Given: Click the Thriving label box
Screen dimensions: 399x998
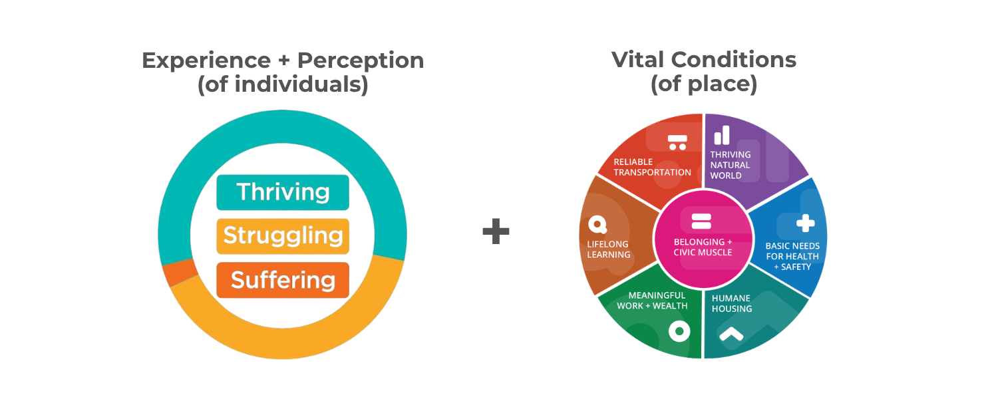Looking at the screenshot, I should [283, 192].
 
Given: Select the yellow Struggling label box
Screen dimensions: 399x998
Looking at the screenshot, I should [283, 236].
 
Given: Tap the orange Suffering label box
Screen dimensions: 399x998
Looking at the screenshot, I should [283, 280].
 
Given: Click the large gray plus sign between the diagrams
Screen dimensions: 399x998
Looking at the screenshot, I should [496, 231].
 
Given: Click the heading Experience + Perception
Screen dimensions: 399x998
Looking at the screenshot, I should [283, 61].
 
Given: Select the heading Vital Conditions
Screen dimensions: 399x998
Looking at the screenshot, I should [704, 60].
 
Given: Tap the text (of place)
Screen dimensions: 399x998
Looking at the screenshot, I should [704, 84].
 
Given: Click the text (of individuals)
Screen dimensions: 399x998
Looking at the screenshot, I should [283, 85].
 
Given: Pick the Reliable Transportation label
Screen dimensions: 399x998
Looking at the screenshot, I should [652, 167].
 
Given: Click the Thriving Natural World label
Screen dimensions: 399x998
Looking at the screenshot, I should [730, 165].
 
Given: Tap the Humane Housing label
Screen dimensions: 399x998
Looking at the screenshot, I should [732, 303].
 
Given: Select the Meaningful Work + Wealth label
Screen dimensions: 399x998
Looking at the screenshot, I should [652, 301].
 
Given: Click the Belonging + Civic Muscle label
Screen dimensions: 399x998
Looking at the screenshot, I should [703, 247].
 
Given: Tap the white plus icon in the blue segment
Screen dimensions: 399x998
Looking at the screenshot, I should [805, 223].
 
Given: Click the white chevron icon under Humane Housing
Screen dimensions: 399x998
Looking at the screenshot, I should [731, 334].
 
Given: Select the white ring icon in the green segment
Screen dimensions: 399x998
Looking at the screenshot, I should [679, 331].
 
